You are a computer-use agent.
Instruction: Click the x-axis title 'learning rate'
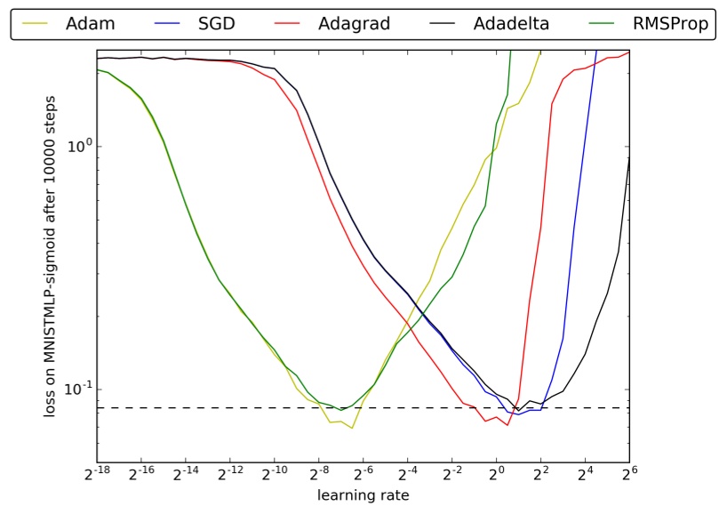pyautogui.click(x=363, y=495)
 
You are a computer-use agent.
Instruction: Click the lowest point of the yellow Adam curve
pyautogui.click(x=352, y=428)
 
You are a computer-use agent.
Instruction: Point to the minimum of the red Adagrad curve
pyautogui.click(x=507, y=424)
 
